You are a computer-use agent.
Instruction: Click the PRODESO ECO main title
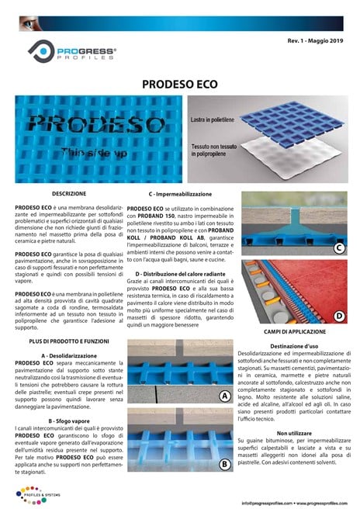point(180,83)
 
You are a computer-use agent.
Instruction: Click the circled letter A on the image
point(223,396)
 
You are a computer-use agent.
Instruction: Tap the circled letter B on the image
point(223,464)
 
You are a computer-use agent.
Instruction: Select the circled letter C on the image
point(338,248)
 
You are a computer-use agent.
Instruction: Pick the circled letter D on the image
point(338,316)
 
